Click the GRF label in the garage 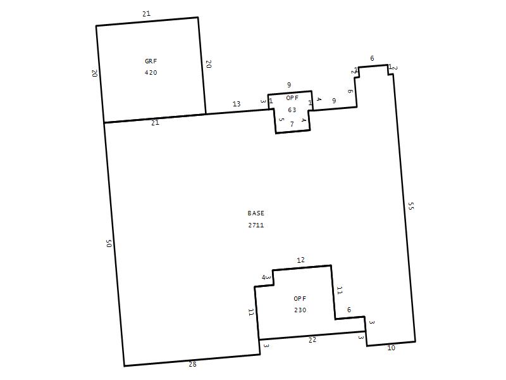click(x=151, y=61)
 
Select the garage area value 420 click(x=151, y=72)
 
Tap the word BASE click(x=256, y=213)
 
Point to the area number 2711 click(x=256, y=225)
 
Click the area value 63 click(x=292, y=110)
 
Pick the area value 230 click(x=300, y=310)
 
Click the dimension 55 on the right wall click(x=410, y=206)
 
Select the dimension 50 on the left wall click(x=109, y=243)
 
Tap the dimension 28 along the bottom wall click(x=192, y=364)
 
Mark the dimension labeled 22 click(x=312, y=339)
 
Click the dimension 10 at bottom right click(x=391, y=348)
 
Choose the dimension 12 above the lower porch click(x=301, y=260)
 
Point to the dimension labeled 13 click(x=237, y=104)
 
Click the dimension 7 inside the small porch click(x=292, y=124)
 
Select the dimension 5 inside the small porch click(x=281, y=120)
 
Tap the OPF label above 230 click(x=300, y=298)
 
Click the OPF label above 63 click(x=292, y=98)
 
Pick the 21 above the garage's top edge click(x=146, y=13)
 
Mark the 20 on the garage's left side click(x=95, y=73)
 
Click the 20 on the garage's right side click(x=209, y=64)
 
